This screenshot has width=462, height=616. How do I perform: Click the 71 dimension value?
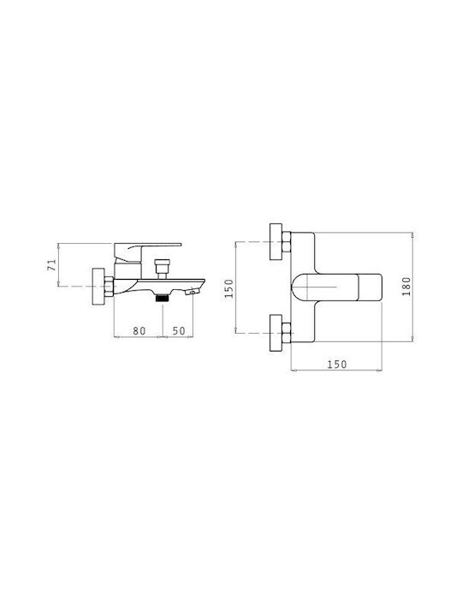point(51,264)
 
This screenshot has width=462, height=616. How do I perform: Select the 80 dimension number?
point(139,331)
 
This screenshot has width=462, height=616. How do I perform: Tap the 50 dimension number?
point(179,331)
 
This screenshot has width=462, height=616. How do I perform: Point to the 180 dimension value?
point(406,287)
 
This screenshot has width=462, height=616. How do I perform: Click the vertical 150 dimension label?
point(228,288)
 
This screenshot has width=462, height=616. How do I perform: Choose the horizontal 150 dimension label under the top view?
point(337,364)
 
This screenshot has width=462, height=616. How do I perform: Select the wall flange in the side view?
point(98,287)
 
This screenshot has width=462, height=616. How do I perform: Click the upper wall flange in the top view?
point(276,241)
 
